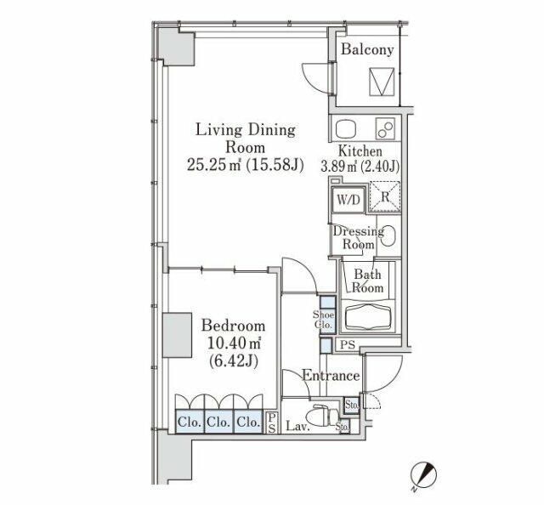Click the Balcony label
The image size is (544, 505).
tap(367, 49)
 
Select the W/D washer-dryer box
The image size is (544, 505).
tap(348, 200)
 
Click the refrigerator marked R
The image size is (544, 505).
tap(385, 196)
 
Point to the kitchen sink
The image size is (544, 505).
tap(346, 130)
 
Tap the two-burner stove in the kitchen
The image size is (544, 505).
tap(385, 129)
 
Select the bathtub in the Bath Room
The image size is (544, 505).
tap(370, 317)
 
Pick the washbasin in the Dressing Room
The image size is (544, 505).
tap(389, 236)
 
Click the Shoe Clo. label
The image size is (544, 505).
tap(323, 320)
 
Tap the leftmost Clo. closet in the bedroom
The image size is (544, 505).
tap(190, 422)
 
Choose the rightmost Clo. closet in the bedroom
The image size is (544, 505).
tap(248, 422)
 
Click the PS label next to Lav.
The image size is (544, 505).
tap(272, 423)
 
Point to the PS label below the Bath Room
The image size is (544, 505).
tap(348, 345)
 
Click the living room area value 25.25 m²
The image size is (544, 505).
tap(214, 165)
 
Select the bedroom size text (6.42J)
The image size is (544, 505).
tap(233, 361)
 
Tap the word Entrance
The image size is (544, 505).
tap(331, 375)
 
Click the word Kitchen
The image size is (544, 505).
tap(360, 151)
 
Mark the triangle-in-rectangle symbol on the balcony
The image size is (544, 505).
tap(382, 82)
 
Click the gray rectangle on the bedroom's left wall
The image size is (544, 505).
tap(178, 335)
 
